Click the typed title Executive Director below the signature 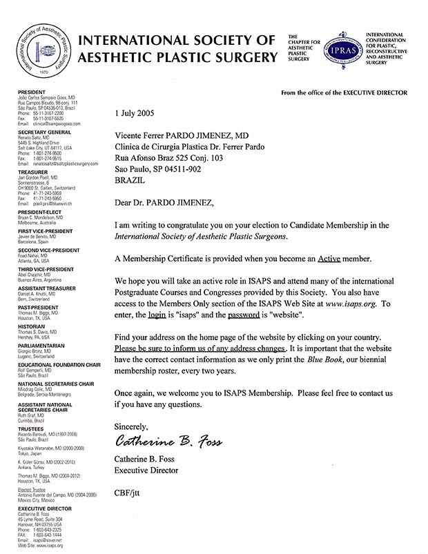146,471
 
